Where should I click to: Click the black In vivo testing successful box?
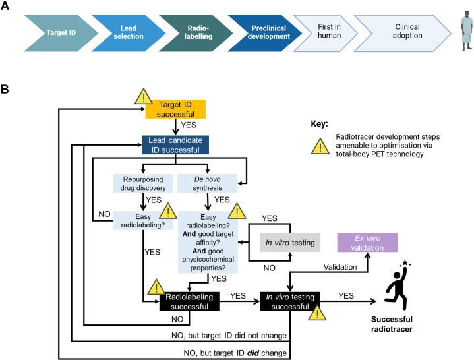click(x=291, y=301)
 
